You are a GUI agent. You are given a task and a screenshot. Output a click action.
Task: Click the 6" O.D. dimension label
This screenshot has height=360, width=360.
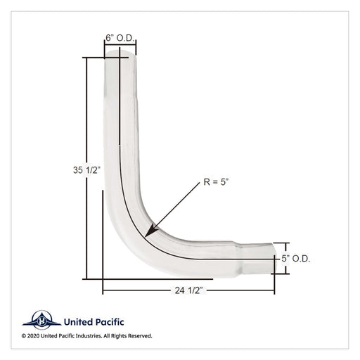120,37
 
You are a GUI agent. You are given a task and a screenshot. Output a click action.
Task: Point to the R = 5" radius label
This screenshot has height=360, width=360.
217,181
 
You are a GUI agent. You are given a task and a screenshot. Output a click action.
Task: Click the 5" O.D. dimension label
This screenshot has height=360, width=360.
296,259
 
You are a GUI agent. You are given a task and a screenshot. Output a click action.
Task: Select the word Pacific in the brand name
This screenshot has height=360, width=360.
106,319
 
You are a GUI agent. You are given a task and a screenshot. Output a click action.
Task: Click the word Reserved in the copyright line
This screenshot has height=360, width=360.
139,336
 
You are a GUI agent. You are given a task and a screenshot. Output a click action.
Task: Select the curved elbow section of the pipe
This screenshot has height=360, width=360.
141,225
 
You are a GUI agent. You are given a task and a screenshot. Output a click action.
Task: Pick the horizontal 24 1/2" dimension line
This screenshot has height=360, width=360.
141,289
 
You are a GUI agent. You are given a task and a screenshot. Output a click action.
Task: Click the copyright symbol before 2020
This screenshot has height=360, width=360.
25,336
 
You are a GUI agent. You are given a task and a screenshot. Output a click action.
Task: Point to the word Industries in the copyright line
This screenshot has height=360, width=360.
89,336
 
